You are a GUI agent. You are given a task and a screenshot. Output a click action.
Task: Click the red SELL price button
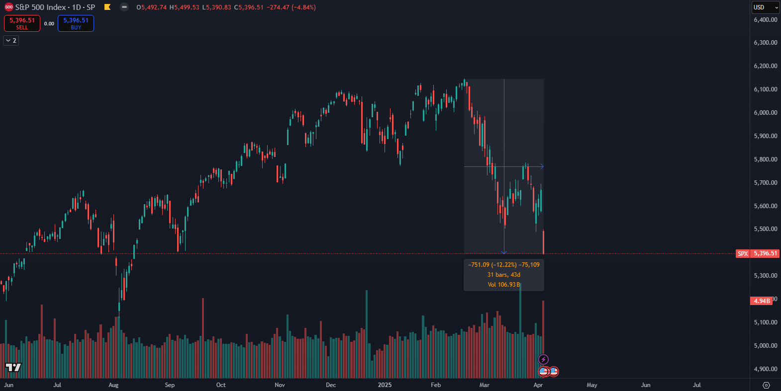pyautogui.click(x=22, y=23)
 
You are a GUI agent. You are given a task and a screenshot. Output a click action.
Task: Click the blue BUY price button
pyautogui.click(x=76, y=23)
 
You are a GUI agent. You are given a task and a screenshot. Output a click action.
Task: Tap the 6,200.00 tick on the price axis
pyautogui.click(x=765, y=66)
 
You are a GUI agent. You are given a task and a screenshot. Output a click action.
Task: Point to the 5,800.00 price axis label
pyautogui.click(x=765, y=159)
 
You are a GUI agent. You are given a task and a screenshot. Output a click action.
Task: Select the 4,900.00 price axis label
pyautogui.click(x=765, y=369)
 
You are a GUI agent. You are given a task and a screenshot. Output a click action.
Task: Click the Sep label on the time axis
pyautogui.click(x=170, y=385)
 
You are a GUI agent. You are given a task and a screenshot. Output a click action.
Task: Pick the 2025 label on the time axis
pyautogui.click(x=385, y=385)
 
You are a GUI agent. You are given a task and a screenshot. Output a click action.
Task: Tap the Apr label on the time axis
pyautogui.click(x=538, y=385)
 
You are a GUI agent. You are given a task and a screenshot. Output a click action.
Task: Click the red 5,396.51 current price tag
pyautogui.click(x=765, y=253)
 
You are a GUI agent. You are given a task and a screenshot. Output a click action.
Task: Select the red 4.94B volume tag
pyautogui.click(x=761, y=301)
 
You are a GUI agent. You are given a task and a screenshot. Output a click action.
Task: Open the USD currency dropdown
pyautogui.click(x=765, y=7)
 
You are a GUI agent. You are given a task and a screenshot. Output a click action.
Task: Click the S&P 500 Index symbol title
pyautogui.click(x=55, y=7)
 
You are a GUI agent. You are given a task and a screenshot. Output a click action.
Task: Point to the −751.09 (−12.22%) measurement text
pyautogui.click(x=492, y=265)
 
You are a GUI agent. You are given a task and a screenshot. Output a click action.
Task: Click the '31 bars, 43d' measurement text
pyautogui.click(x=503, y=275)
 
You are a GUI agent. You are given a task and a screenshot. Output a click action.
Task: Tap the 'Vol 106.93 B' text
pyautogui.click(x=503, y=285)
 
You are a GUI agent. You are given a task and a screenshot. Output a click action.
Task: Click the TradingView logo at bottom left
pyautogui.click(x=13, y=367)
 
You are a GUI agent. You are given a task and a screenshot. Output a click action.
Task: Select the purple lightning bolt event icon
pyautogui.click(x=543, y=359)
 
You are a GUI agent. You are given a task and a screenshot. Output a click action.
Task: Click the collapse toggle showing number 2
pyautogui.click(x=11, y=40)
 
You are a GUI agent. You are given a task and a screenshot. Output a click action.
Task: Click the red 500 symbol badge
pyautogui.click(x=8, y=7)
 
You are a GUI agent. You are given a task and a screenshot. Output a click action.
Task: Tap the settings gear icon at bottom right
pyautogui.click(x=766, y=385)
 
